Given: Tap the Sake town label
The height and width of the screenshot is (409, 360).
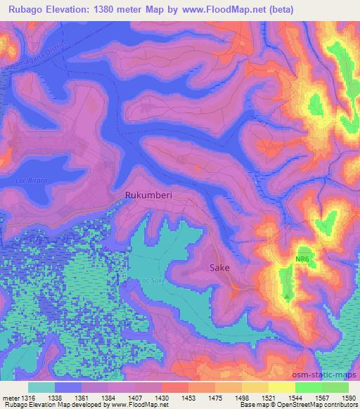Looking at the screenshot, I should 219,268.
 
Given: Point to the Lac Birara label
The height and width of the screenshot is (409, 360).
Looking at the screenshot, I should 32,181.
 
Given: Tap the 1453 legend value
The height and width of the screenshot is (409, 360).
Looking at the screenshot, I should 188,397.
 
